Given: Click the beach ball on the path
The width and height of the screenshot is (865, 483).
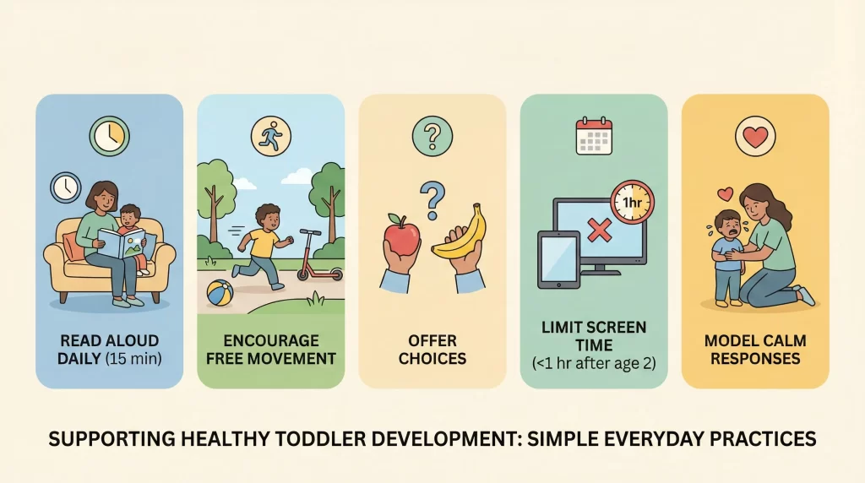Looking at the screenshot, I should (x=220, y=294).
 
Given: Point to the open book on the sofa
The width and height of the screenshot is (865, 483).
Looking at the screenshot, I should (x=120, y=243).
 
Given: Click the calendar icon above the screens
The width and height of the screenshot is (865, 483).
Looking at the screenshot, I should (x=593, y=136).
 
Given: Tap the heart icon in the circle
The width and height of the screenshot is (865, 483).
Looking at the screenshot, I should (x=755, y=135).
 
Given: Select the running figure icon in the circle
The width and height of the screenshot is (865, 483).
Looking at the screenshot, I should (x=270, y=135).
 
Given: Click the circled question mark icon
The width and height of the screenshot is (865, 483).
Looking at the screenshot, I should (x=432, y=135).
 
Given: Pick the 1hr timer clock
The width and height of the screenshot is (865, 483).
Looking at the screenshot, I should (x=632, y=203).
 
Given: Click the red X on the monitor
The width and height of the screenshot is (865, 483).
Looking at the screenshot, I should (x=600, y=231).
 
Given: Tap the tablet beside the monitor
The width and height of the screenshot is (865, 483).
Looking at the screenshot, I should (x=558, y=259).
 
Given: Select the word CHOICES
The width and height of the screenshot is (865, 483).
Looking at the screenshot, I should (x=432, y=358).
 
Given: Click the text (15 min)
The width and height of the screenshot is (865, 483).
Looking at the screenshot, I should (x=136, y=358).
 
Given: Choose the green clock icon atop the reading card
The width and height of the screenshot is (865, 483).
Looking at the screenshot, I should (x=108, y=135).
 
